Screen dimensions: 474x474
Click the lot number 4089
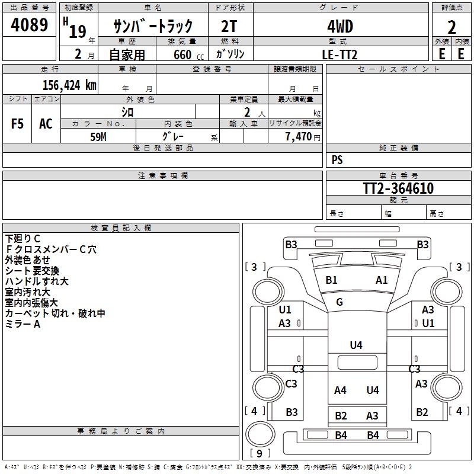pos(30,27)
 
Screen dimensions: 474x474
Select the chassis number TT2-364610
pos(398,188)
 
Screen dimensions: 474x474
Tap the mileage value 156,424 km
pos(69,85)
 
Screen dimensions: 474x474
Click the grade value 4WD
pos(340,27)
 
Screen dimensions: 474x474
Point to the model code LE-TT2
pos(340,54)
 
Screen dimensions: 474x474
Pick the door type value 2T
pos(229,27)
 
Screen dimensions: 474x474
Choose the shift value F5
pos(18,124)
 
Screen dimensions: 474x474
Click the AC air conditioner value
pos(46,124)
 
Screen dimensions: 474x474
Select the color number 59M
pos(98,136)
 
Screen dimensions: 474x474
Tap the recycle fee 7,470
pos(298,137)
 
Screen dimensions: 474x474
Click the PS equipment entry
pos(337,160)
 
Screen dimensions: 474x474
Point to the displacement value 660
pos(182,55)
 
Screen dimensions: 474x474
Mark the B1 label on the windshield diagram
pos(331,280)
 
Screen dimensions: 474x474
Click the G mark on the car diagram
pos(340,302)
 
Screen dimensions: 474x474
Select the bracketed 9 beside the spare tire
pos(260,453)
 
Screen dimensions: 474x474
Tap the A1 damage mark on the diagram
pos(382,280)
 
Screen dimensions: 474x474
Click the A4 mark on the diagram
pos(340,390)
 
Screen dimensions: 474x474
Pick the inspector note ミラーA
pos(23,324)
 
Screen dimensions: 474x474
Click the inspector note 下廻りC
pos(23,239)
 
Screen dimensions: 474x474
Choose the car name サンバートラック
pos(153,27)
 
